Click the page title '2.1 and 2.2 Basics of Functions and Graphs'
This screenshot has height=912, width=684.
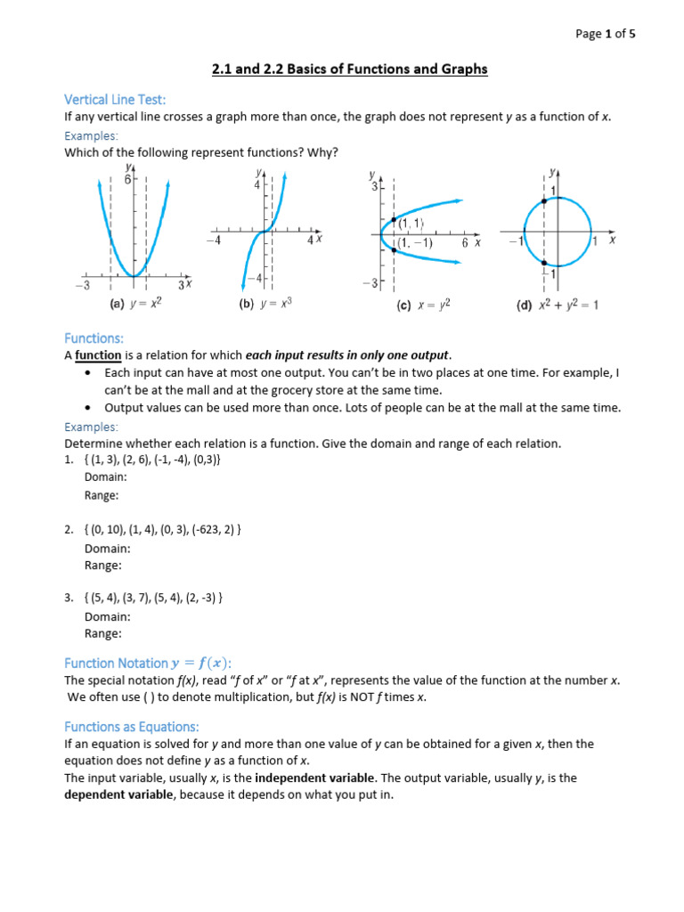pyautogui.click(x=349, y=69)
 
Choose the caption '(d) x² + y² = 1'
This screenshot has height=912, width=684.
pyautogui.click(x=558, y=305)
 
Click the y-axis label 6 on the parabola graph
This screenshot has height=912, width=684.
pyautogui.click(x=127, y=179)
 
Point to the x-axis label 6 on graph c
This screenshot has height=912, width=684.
pyautogui.click(x=465, y=242)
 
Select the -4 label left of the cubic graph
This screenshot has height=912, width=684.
pyautogui.click(x=213, y=240)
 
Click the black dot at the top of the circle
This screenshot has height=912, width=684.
pyautogui.click(x=544, y=201)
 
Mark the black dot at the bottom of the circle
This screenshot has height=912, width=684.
pyautogui.click(x=544, y=264)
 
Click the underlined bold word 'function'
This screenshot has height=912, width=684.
pyautogui.click(x=98, y=355)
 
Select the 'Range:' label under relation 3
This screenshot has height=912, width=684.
pyautogui.click(x=102, y=633)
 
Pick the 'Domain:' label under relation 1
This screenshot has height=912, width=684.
pyautogui.click(x=107, y=477)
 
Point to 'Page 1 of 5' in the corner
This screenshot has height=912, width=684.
pyautogui.click(x=606, y=34)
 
